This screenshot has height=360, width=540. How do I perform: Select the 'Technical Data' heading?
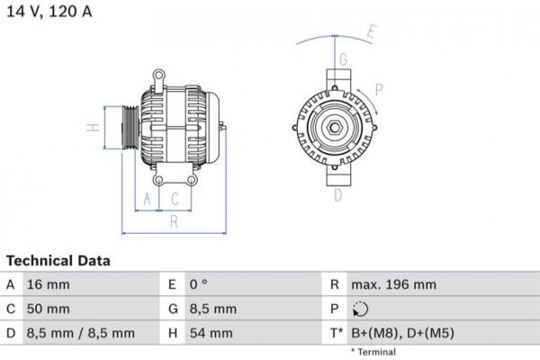pos(58,261)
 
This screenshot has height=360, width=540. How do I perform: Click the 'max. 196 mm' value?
pos(393,284)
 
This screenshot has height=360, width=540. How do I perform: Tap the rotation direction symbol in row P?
pos(362,309)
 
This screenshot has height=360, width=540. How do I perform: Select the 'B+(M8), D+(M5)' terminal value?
pos(402,333)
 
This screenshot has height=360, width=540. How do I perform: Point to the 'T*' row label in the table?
pos(335,333)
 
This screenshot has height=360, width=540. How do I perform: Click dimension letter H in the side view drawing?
pos(92,128)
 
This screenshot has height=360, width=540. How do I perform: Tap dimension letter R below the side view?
pos(174,220)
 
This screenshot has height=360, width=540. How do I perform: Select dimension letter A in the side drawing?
pos(147,199)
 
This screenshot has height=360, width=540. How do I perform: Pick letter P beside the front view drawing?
pos(379,88)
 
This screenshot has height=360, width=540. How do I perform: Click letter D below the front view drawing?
pos(338,195)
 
